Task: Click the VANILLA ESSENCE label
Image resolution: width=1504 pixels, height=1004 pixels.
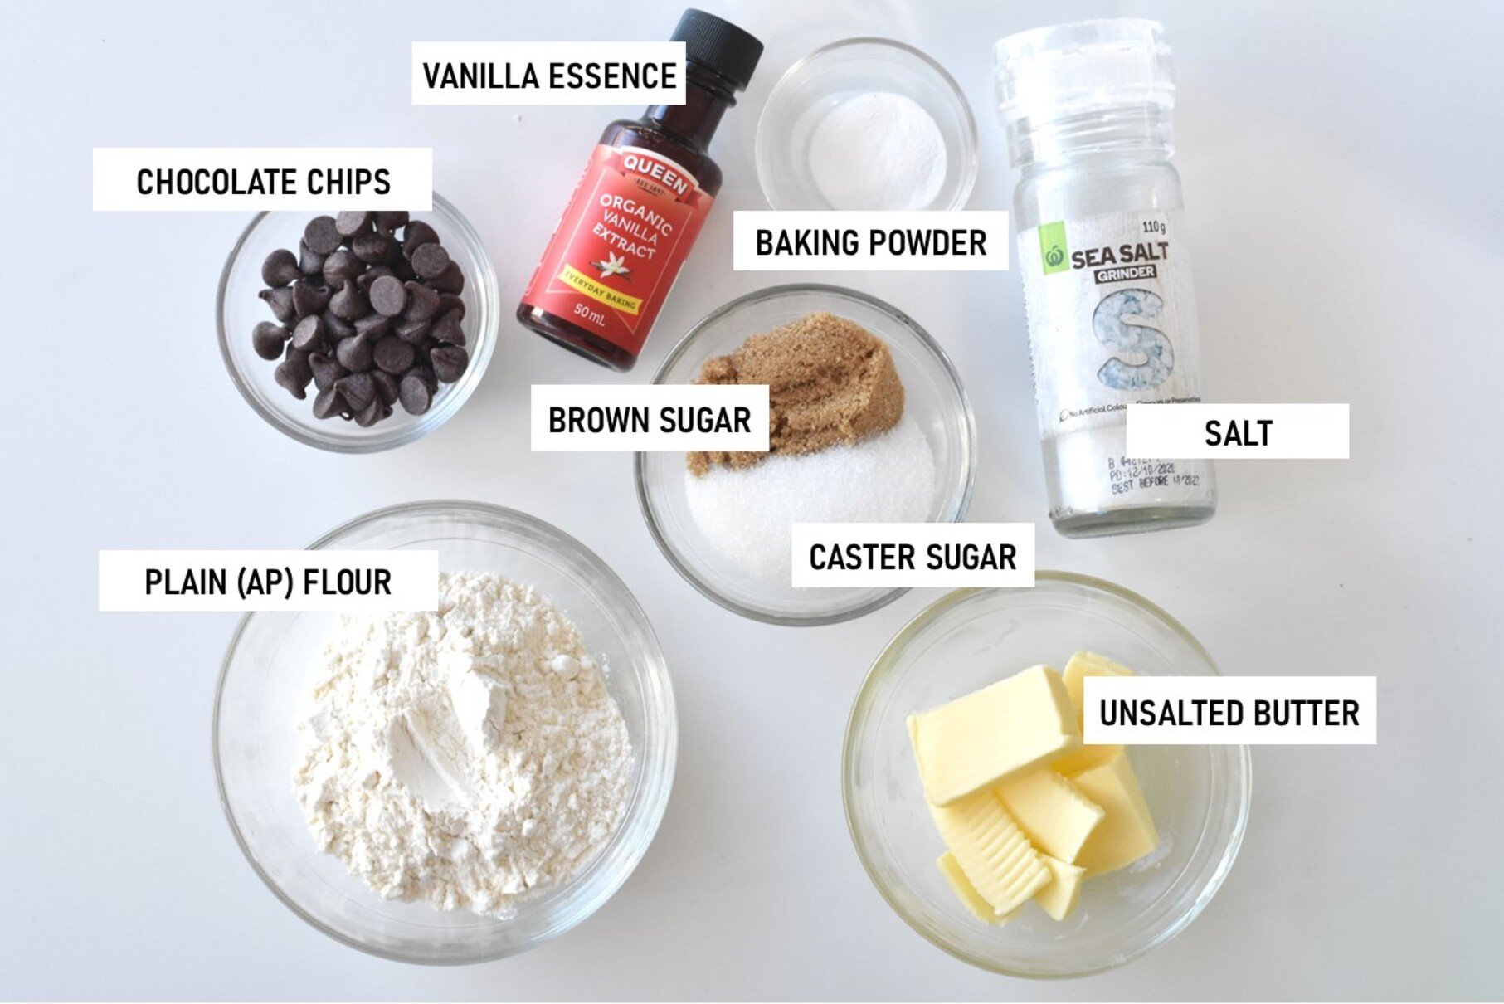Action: click(548, 75)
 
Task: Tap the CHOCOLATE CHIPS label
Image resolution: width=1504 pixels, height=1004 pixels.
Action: click(262, 181)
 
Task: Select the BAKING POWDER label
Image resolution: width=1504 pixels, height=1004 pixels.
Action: click(870, 242)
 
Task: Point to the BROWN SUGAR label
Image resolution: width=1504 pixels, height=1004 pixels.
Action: click(650, 420)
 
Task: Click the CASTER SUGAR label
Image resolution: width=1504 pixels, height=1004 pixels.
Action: click(913, 557)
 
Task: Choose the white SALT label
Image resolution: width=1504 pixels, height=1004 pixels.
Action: click(1237, 432)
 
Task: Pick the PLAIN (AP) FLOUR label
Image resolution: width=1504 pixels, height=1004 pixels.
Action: click(268, 582)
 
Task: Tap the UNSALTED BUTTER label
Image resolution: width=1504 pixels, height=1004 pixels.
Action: click(1229, 712)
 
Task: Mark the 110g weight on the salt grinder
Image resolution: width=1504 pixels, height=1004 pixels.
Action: click(1153, 227)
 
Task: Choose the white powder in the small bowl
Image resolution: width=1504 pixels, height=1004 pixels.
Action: click(878, 149)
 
